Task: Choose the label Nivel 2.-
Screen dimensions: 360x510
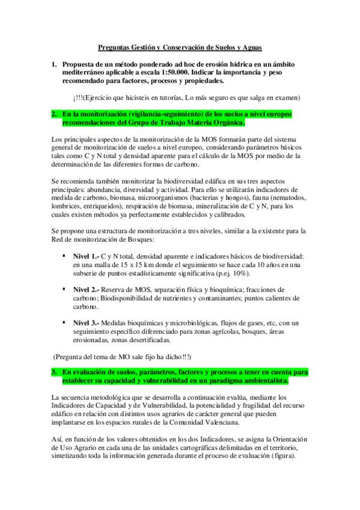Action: point(85,290)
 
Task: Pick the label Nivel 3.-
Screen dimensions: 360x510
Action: point(85,324)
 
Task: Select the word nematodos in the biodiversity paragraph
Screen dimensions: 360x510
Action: point(288,198)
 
